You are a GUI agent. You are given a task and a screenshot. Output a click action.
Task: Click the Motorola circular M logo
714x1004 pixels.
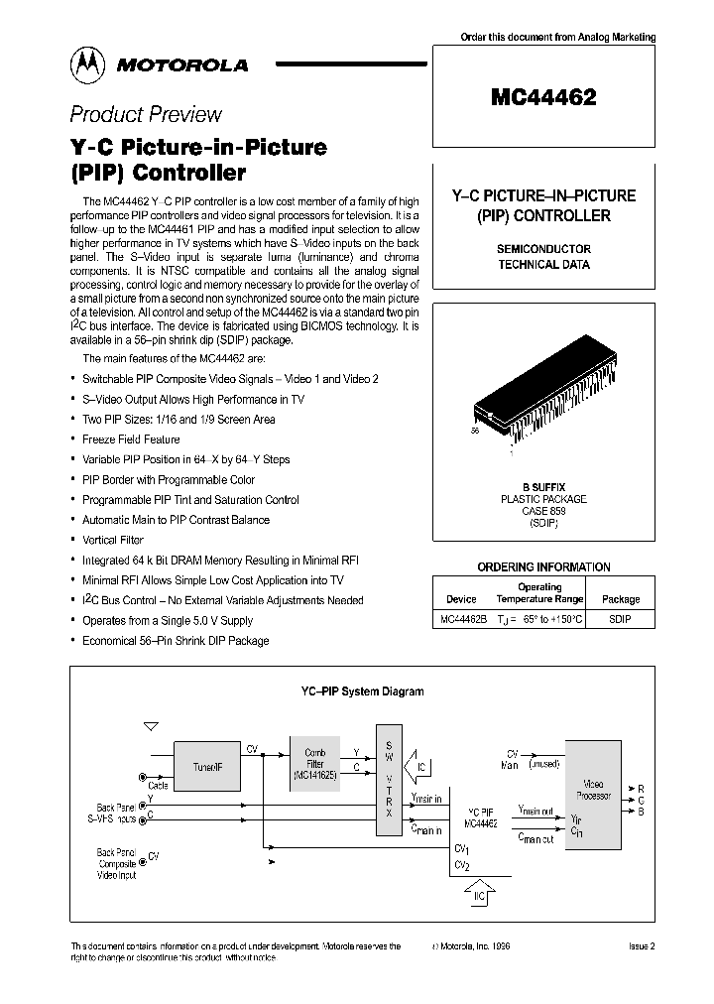point(88,64)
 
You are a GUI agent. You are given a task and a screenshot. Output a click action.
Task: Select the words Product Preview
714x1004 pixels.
point(146,114)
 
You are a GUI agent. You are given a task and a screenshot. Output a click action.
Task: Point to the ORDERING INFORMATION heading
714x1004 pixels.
point(543,567)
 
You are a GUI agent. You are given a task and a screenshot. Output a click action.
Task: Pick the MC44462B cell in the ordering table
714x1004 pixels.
point(462,619)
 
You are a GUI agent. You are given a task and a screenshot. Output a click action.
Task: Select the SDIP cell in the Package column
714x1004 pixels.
point(620,619)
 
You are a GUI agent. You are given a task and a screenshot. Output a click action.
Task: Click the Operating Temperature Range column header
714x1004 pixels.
point(539,593)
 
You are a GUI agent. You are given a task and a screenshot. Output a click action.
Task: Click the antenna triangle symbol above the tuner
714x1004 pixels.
point(151,728)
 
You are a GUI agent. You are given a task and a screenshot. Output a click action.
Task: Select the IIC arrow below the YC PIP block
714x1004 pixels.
point(478,895)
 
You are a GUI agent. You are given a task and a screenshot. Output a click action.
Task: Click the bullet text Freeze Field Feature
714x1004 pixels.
point(131,439)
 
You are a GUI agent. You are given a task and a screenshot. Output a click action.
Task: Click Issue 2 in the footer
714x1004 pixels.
point(642,946)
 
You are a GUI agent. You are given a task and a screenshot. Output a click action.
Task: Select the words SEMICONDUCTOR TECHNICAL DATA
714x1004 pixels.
point(543,257)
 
